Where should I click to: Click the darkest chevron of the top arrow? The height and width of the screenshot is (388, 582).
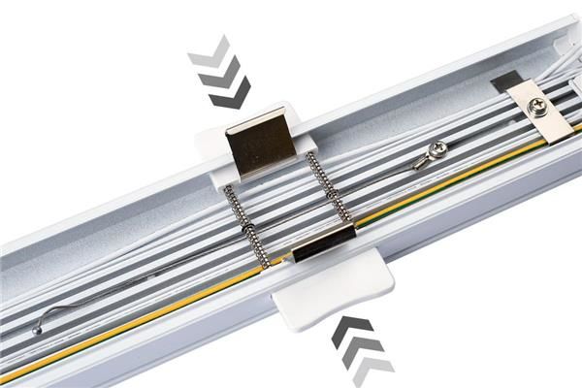click(230, 93)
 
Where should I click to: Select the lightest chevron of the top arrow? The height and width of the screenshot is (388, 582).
click(209, 51)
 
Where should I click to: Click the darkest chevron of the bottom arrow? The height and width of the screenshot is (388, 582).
click(350, 330)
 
